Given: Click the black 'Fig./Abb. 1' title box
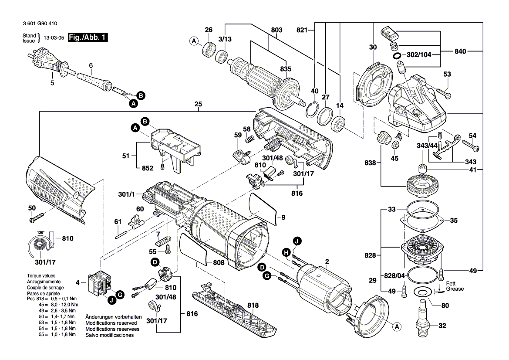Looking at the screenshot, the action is (88, 37).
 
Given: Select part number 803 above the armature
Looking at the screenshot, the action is (276, 30).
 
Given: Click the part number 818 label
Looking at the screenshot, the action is (253, 305).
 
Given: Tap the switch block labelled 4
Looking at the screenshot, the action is (99, 283).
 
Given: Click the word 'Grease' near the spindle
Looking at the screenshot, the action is (455, 289).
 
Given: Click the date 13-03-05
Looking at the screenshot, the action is (54, 37).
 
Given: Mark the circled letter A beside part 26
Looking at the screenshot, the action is (194, 41).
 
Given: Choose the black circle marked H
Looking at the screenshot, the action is (286, 252).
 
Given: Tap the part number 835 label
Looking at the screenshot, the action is (286, 69).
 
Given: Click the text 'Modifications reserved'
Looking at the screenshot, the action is (111, 323).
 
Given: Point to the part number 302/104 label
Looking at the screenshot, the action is (419, 54).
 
